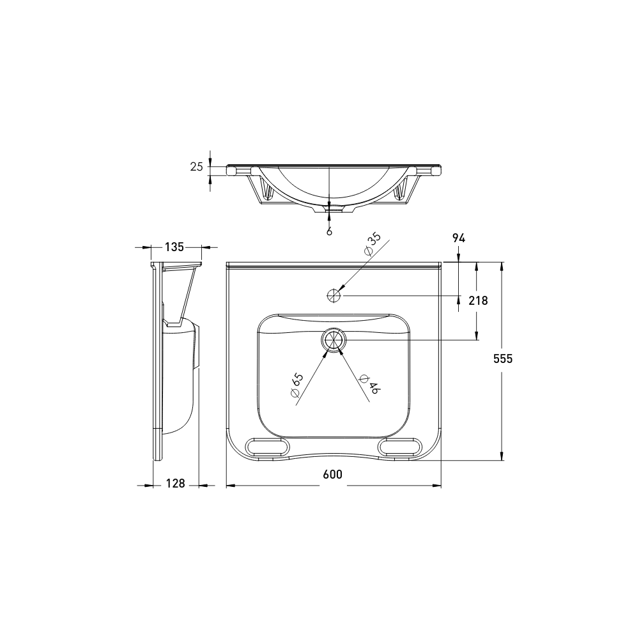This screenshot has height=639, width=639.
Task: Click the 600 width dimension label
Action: pyautogui.click(x=332, y=474)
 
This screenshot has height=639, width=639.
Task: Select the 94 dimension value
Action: pyautogui.click(x=458, y=238)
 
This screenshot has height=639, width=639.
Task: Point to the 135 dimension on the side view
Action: pyautogui.click(x=174, y=247)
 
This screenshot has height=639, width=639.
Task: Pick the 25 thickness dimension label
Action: pyautogui.click(x=196, y=167)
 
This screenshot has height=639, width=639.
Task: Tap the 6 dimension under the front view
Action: pyautogui.click(x=329, y=231)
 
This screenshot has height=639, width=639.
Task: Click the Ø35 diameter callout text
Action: pyautogui.click(x=372, y=244)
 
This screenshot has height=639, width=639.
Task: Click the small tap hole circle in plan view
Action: pyautogui.click(x=333, y=295)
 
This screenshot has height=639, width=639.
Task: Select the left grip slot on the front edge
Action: pyautogui.click(x=267, y=447)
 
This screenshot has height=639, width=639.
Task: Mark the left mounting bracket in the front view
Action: pyautogui.click(x=266, y=190)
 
